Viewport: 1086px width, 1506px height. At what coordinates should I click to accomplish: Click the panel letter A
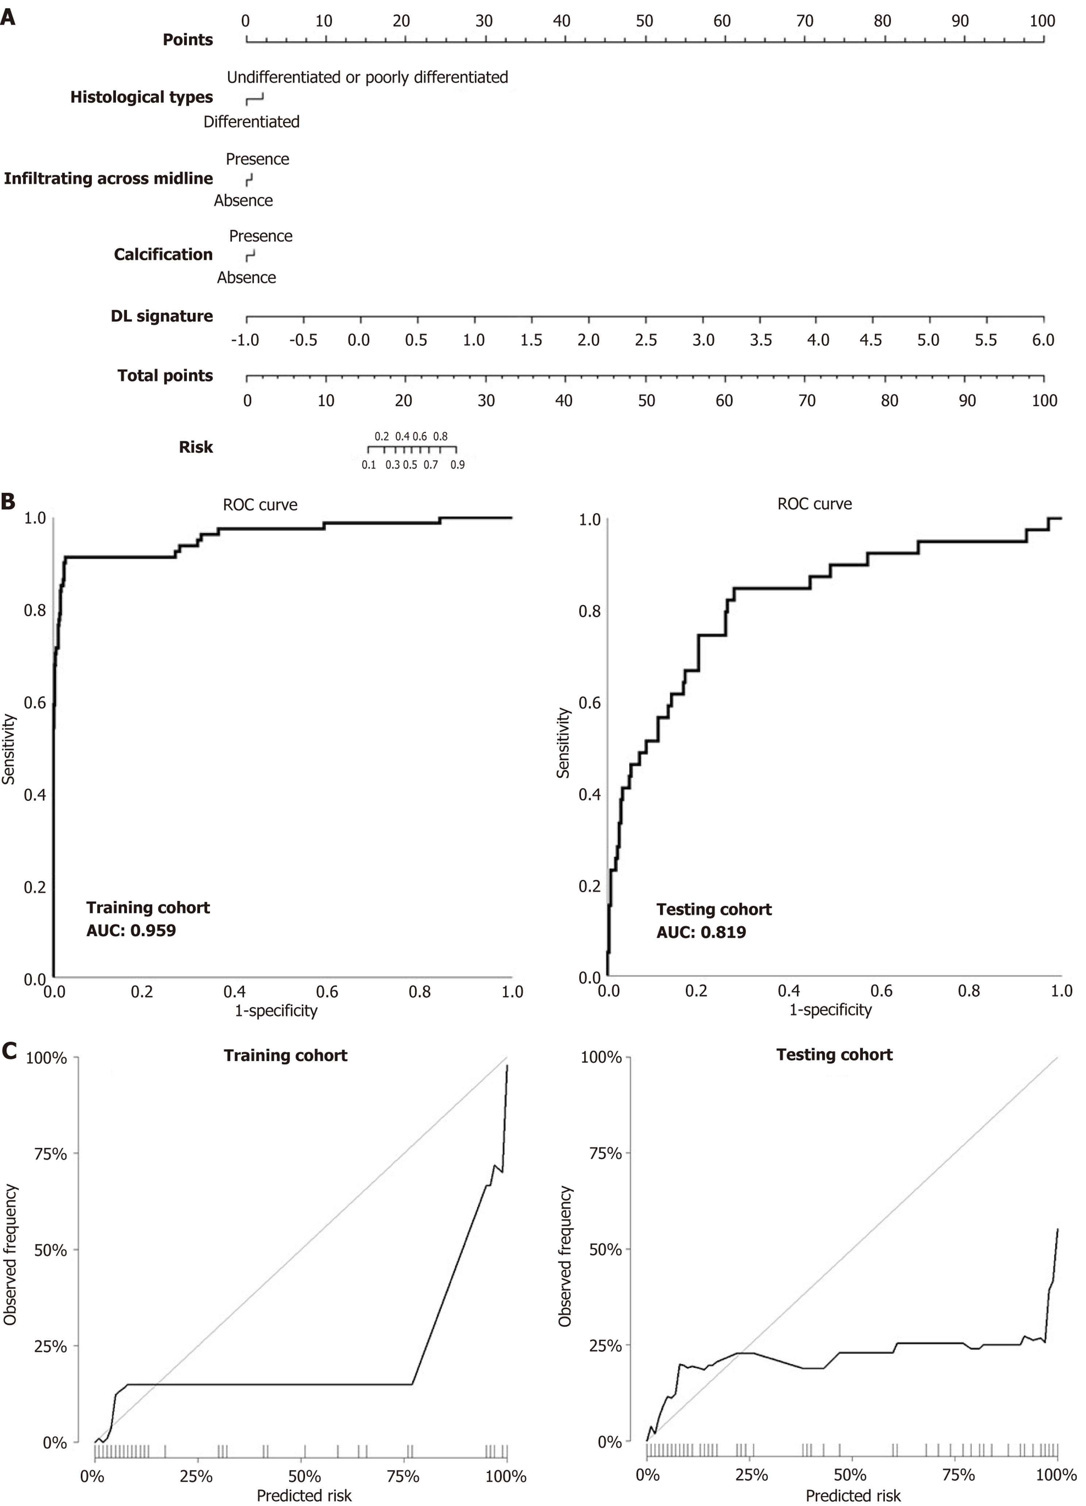pyautogui.click(x=8, y=16)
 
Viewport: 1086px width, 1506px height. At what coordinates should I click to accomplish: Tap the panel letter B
pyautogui.click(x=8, y=501)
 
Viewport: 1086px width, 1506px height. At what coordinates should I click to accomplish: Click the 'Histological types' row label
pyautogui.click(x=141, y=97)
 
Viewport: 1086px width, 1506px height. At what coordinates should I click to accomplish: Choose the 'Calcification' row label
pyautogui.click(x=163, y=254)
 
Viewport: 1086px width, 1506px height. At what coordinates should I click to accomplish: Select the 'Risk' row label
pyautogui.click(x=196, y=447)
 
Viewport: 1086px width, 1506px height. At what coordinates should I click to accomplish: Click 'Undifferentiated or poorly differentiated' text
pyautogui.click(x=367, y=77)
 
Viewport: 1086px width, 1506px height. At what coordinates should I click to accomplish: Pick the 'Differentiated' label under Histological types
pyautogui.click(x=251, y=122)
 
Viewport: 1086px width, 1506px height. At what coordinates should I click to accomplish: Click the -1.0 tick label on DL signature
pyautogui.click(x=245, y=340)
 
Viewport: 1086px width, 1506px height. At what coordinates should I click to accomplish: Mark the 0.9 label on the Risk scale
pyautogui.click(x=457, y=465)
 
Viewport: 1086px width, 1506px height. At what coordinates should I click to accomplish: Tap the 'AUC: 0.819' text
pyautogui.click(x=701, y=932)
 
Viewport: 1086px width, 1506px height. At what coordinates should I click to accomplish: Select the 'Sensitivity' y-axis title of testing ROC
pyautogui.click(x=563, y=742)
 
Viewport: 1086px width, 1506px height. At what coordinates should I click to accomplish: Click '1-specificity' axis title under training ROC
pyautogui.click(x=276, y=1011)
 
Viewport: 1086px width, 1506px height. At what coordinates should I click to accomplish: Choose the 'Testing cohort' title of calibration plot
pyautogui.click(x=835, y=1054)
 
